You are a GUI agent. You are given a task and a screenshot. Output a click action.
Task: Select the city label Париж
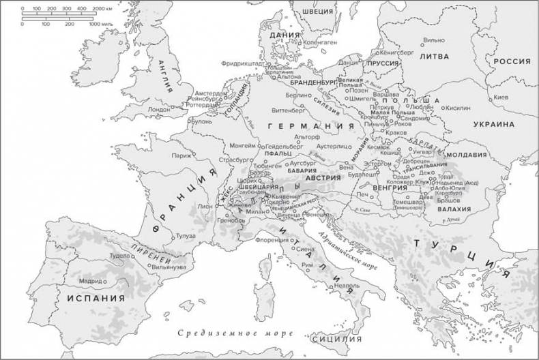click(x=181, y=155)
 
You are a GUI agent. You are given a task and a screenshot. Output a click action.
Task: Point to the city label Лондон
click(x=158, y=108)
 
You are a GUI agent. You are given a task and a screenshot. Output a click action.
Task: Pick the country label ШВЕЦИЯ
click(x=319, y=11)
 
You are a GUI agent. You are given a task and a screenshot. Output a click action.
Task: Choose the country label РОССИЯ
click(x=511, y=61)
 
